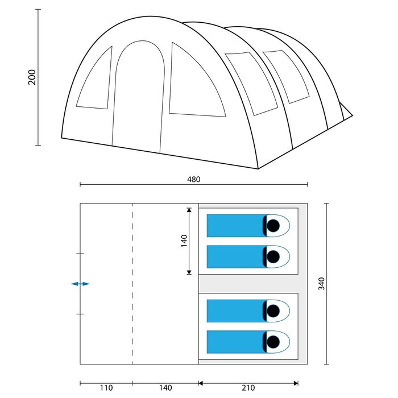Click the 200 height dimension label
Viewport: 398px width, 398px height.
pyautogui.click(x=32, y=77)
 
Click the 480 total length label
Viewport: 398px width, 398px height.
pyautogui.click(x=194, y=180)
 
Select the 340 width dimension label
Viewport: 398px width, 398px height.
pyautogui.click(x=321, y=284)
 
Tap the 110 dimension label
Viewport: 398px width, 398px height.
pyautogui.click(x=106, y=388)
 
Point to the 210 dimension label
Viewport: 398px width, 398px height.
pyautogui.click(x=248, y=388)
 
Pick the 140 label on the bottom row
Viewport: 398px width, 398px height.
pyautogui.click(x=165, y=388)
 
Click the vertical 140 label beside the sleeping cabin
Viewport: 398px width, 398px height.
pyautogui.click(x=184, y=241)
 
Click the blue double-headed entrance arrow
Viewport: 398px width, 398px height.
pyautogui.click(x=80, y=284)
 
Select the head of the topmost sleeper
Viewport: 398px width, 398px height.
pyautogui.click(x=273, y=226)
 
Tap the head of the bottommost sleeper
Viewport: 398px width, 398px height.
pyautogui.click(x=273, y=342)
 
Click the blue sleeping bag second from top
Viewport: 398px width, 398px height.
pyautogui.click(x=235, y=256)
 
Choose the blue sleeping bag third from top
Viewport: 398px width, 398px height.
pyautogui.click(x=235, y=311)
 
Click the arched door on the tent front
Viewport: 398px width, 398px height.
pyautogui.click(x=139, y=97)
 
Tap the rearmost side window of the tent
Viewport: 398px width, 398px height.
pyautogui.click(x=287, y=76)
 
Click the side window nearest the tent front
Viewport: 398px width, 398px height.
pyautogui.click(x=252, y=83)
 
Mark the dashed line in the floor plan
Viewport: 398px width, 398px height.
pyautogui.click(x=132, y=284)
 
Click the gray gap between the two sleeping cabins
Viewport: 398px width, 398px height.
pyautogui.click(x=248, y=284)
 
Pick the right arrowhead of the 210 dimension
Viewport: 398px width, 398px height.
pyautogui.click(x=296, y=383)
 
